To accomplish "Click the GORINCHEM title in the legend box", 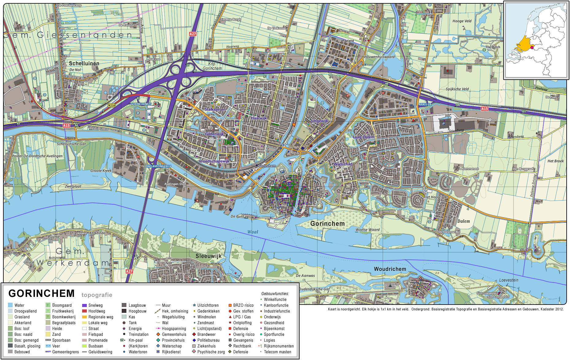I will tap(41, 294).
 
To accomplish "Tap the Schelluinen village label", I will tap(84, 63).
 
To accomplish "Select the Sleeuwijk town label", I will tap(208, 256).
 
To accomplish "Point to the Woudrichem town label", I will tap(390, 269).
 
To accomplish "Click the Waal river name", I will tap(253, 232).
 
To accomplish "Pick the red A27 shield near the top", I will tap(193, 34).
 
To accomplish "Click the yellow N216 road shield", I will tap(112, 105).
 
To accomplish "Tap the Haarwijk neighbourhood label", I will tap(258, 118).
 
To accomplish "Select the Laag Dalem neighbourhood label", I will tap(363, 137).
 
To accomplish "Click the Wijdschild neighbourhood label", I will tap(343, 164).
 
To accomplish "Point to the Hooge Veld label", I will tap(462, 21).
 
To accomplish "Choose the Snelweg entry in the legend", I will tap(95, 305).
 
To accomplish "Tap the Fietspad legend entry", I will tap(95, 334).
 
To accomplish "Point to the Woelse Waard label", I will tap(367, 229).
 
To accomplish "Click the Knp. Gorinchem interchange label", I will tap(212, 66).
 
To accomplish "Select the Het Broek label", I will tap(555, 161).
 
